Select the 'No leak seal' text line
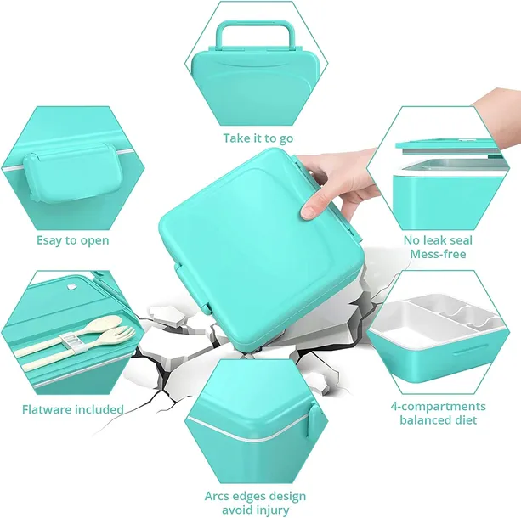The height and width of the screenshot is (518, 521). (x=438, y=240)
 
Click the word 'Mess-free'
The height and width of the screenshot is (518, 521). (x=438, y=254)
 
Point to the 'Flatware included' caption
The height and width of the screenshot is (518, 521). (x=72, y=409)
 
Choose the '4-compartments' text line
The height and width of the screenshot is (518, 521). (x=438, y=406)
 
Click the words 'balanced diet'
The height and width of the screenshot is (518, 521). (x=438, y=420)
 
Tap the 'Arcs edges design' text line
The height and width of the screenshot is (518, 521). (x=255, y=496)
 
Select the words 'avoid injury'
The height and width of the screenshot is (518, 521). (x=255, y=510)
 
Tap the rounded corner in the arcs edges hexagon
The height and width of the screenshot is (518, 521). (x=204, y=416)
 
